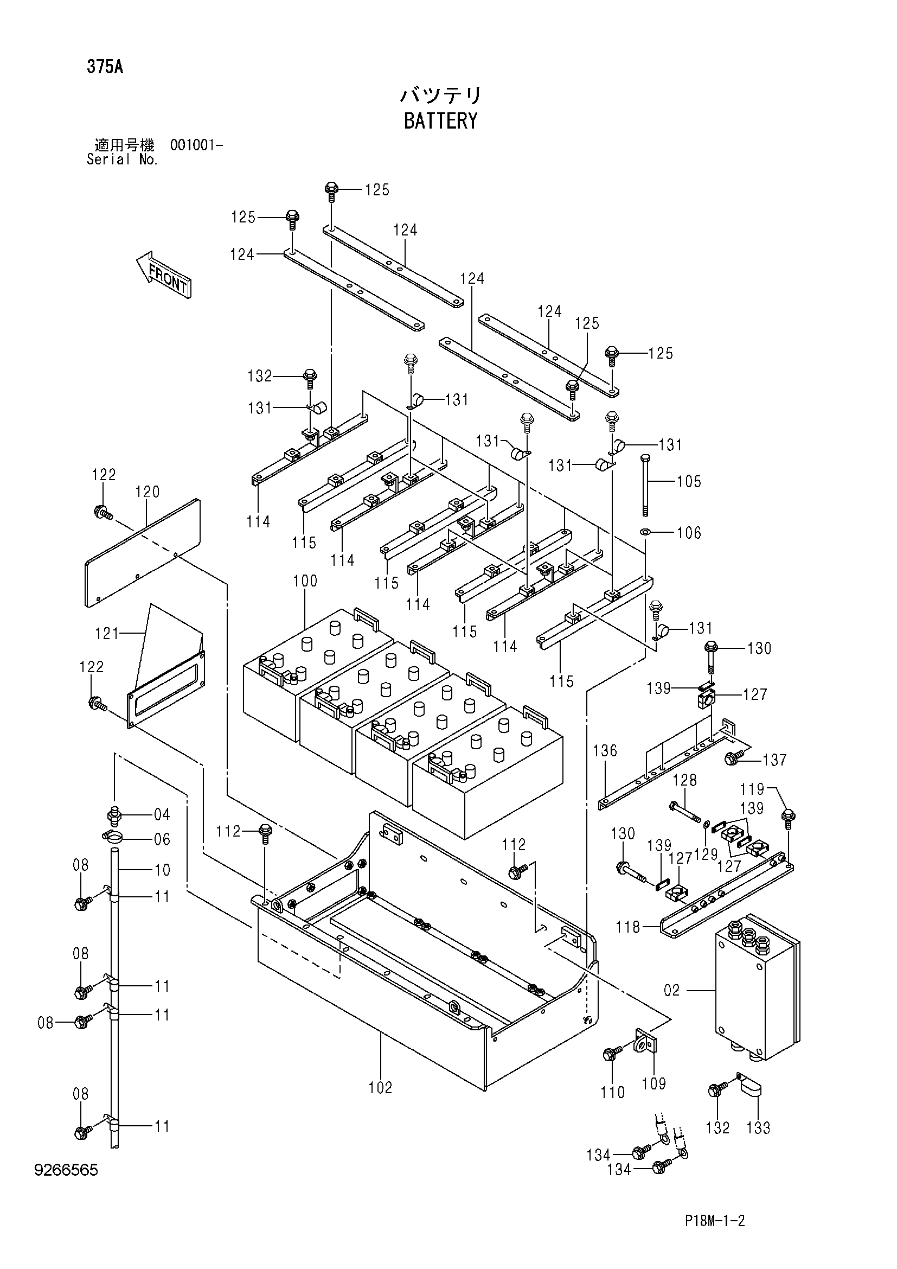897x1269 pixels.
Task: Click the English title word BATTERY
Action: [440, 121]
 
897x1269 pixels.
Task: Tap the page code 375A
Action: [105, 67]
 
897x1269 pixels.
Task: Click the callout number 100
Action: [305, 581]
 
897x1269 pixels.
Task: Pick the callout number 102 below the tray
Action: [381, 1088]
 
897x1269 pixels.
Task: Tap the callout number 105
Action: [689, 481]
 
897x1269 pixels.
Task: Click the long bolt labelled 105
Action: [645, 486]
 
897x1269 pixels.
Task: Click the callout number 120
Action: [147, 492]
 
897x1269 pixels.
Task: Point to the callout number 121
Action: [107, 633]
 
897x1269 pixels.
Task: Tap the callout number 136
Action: [605, 750]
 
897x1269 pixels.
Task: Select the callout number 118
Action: [628, 927]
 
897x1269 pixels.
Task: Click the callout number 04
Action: [162, 814]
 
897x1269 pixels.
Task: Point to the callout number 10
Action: [162, 870]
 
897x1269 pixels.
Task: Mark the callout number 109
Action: [654, 1084]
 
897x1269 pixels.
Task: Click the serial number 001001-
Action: [197, 145]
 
